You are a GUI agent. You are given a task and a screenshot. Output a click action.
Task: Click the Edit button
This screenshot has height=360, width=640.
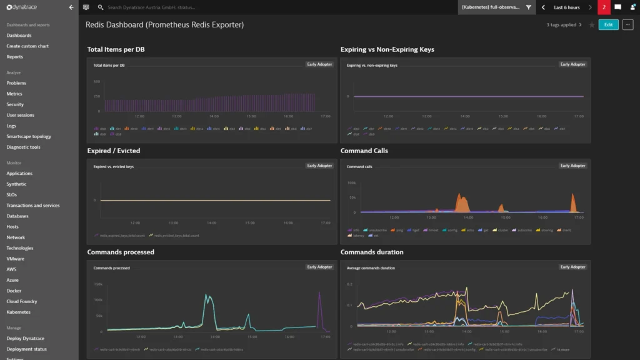coord(608,24)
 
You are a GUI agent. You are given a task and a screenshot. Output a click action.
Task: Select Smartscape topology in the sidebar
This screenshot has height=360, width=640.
coord(29,136)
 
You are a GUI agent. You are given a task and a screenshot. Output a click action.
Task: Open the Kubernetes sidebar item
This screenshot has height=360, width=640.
coord(18,312)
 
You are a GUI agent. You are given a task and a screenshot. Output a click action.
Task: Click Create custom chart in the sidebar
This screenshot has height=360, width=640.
coord(27,46)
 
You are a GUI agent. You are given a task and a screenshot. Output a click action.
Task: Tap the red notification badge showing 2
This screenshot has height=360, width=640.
coord(604,7)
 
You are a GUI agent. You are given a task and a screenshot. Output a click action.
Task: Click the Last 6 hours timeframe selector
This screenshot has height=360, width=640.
coord(566,7)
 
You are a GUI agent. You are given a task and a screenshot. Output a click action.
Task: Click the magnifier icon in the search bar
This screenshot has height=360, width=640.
coord(101,7)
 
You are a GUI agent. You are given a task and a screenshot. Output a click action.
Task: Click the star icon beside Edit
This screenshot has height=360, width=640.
coord(592,25)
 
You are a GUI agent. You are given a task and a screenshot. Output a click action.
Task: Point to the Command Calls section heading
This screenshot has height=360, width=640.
coord(364,151)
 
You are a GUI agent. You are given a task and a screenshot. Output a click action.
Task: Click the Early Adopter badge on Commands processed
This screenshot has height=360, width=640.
coord(319,267)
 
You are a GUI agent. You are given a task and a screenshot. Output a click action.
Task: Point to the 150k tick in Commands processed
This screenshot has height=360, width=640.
coord(98,284)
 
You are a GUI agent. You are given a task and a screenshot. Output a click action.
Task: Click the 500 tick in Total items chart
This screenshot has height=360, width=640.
coord(97,82)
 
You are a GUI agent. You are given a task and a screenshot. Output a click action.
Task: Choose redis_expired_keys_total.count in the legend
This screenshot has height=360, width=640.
coord(121,236)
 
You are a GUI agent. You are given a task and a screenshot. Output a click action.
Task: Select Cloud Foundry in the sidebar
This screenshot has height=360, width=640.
coord(22,301)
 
